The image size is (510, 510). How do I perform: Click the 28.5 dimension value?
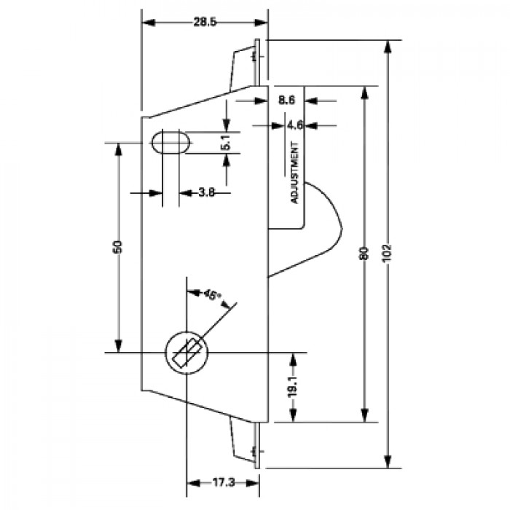pyautogui.click(x=205, y=22)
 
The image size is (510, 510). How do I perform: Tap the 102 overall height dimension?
pyautogui.click(x=387, y=254)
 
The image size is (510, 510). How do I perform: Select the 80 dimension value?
pyautogui.click(x=364, y=254)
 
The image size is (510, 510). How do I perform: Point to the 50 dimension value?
pyautogui.click(x=118, y=247)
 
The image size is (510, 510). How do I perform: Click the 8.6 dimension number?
pyautogui.click(x=286, y=101)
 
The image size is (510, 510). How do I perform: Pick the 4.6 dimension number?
pyautogui.click(x=295, y=125)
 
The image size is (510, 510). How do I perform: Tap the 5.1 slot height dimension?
pyautogui.click(x=226, y=143)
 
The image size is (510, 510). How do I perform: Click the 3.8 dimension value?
pyautogui.click(x=206, y=192)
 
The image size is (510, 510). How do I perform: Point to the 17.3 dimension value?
pyautogui.click(x=224, y=482)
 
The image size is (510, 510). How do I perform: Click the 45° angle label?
pyautogui.click(x=212, y=295)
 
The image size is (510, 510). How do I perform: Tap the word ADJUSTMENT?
pyautogui.click(x=294, y=173)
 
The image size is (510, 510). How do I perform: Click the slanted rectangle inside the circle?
pyautogui.click(x=187, y=353)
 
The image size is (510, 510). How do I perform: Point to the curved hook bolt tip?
pyautogui.click(x=342, y=229)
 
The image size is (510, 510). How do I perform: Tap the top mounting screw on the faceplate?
pyautogui.click(x=254, y=58)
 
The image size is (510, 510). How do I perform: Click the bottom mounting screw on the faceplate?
pyautogui.click(x=254, y=451)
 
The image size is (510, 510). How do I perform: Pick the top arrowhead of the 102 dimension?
pyautogui.click(x=387, y=46)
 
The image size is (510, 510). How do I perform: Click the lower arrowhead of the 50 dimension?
pyautogui.click(x=118, y=346)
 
